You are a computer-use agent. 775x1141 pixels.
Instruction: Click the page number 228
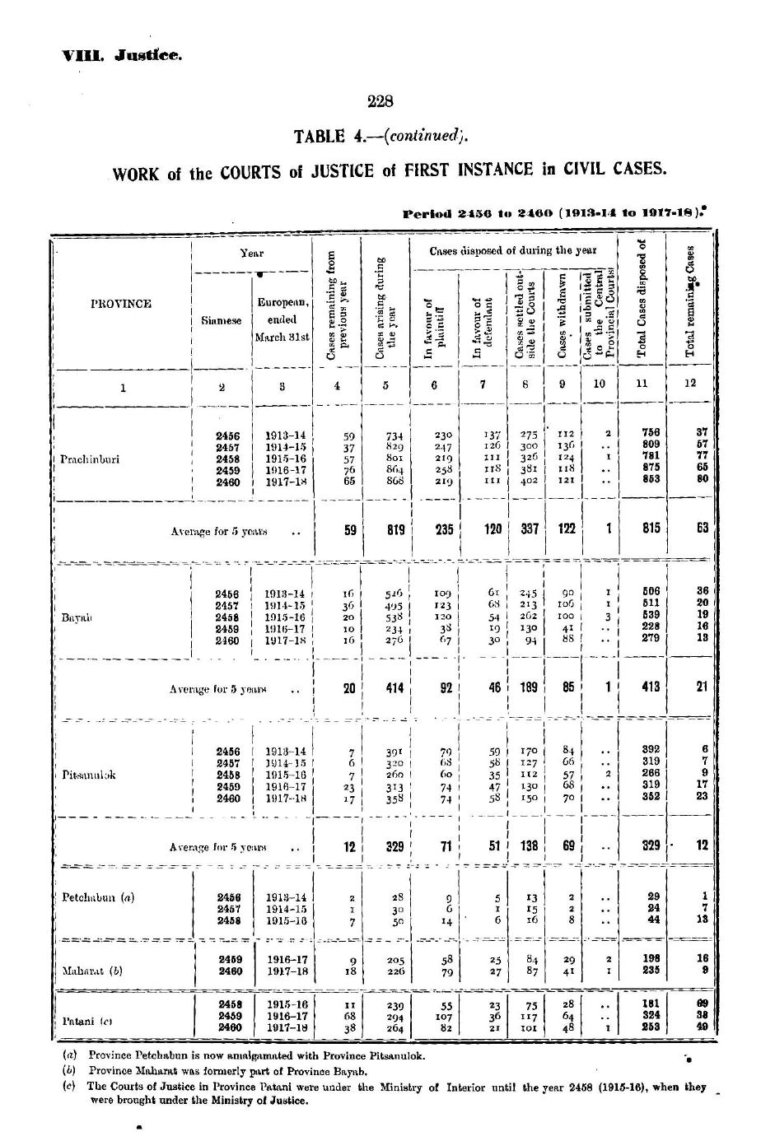point(380,102)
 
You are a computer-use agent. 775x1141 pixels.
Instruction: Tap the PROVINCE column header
point(121,304)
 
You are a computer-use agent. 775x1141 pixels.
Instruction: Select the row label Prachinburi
point(91,459)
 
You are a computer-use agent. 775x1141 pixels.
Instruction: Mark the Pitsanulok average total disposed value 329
point(651,845)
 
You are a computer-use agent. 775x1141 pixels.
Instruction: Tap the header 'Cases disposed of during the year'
point(511,249)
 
